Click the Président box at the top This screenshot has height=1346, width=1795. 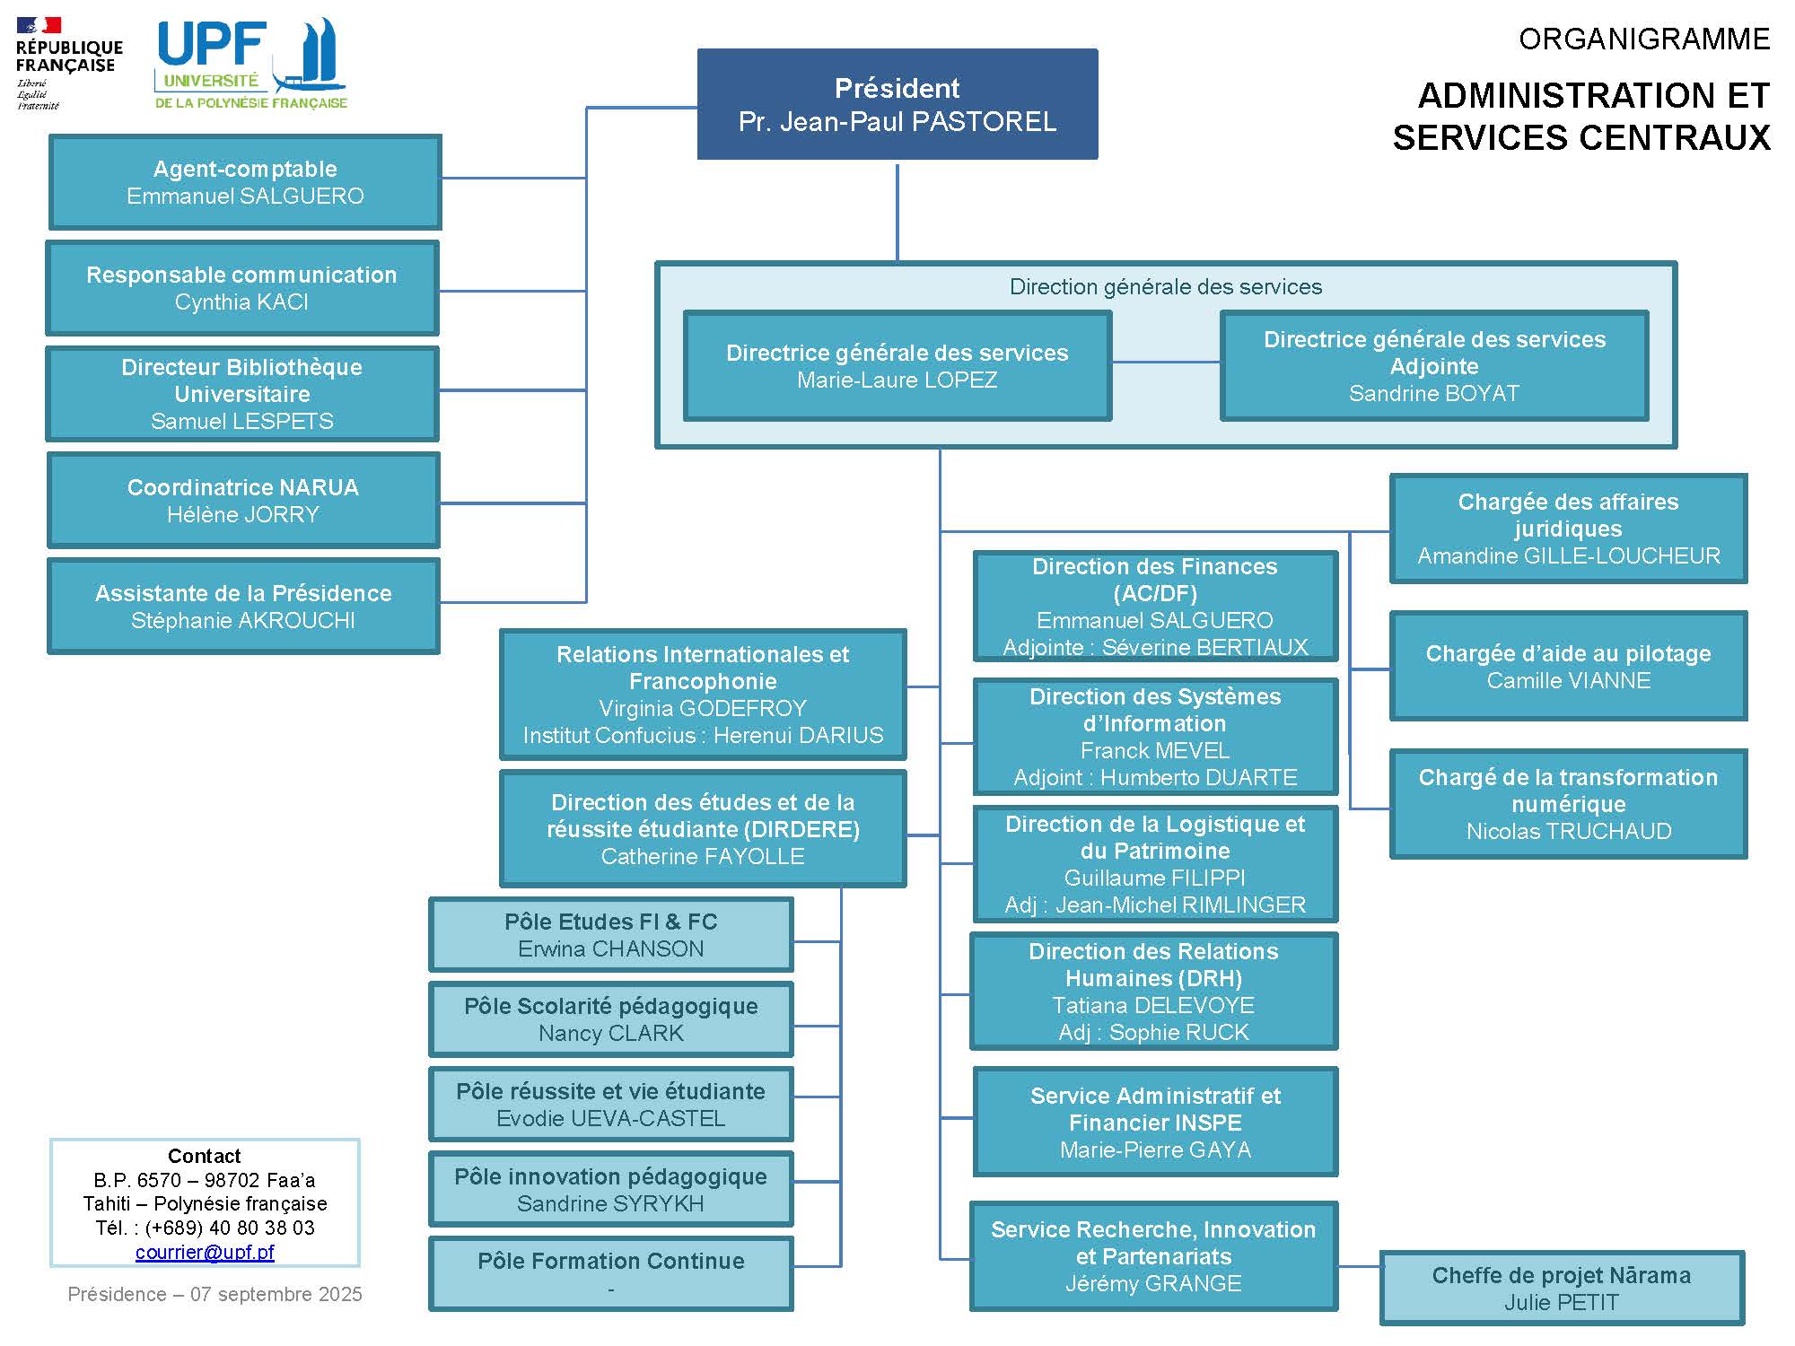pyautogui.click(x=897, y=104)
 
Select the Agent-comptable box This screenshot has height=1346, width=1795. pyautogui.click(x=245, y=182)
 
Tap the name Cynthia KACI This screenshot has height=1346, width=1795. pyautogui.click(x=241, y=302)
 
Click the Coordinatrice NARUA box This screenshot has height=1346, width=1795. pyautogui.click(x=243, y=500)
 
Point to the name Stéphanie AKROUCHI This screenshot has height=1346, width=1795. pyautogui.click(x=243, y=621)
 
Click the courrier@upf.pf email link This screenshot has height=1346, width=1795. pyautogui.click(x=205, y=1252)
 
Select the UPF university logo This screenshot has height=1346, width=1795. pyautogui.click(x=251, y=65)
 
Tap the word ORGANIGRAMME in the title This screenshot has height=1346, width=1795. pyautogui.click(x=1644, y=39)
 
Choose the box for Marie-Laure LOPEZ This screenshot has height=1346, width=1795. pyautogui.click(x=897, y=365)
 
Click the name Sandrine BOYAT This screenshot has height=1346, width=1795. pyautogui.click(x=1434, y=394)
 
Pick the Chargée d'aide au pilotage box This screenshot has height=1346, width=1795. pyautogui.click(x=1568, y=666)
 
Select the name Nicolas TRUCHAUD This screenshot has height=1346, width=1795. pyautogui.click(x=1569, y=832)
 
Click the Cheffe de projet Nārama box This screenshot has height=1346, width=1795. pyautogui.click(x=1562, y=1289)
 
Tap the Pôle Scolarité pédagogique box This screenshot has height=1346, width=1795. pyautogui.click(x=611, y=1019)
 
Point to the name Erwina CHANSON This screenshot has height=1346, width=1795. pyautogui.click(x=611, y=949)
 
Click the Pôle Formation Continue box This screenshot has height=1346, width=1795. pyautogui.click(x=611, y=1273)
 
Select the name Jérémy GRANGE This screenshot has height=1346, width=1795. pyautogui.click(x=1153, y=1284)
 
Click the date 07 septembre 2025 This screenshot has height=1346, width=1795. pyautogui.click(x=276, y=1294)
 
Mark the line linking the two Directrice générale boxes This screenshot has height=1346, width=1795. pyautogui.click(x=1166, y=363)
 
